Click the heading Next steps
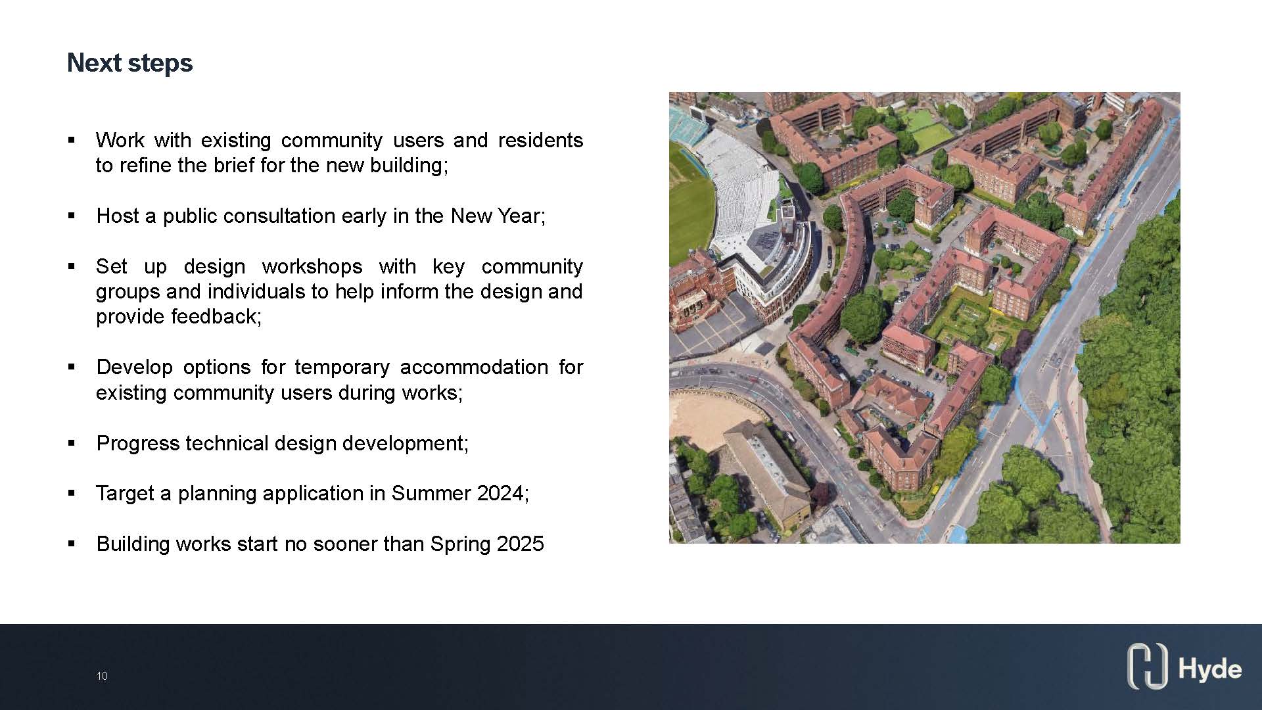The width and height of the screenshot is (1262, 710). tap(130, 63)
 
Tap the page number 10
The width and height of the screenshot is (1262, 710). tap(102, 676)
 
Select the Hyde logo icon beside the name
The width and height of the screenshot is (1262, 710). tap(1147, 666)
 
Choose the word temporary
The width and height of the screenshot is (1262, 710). tap(342, 367)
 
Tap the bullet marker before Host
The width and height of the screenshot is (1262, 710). tap(72, 216)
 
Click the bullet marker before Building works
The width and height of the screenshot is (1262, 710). tap(72, 544)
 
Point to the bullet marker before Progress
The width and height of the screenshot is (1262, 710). tap(72, 443)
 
